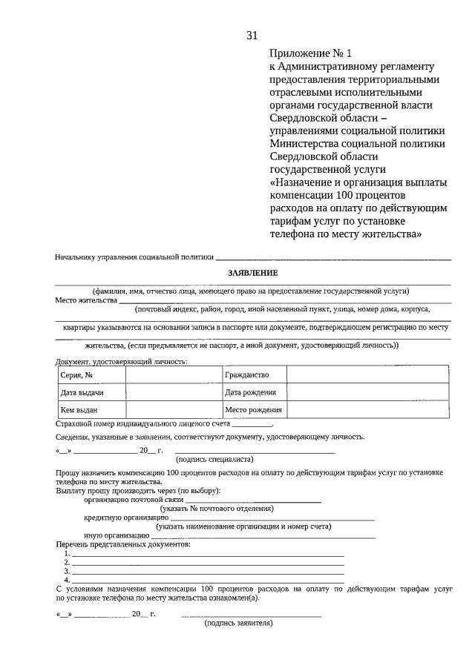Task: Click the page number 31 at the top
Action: pyautogui.click(x=252, y=35)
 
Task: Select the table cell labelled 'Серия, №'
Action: pyautogui.click(x=91, y=375)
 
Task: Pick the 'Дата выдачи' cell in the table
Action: pyautogui.click(x=91, y=392)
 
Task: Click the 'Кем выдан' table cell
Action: pyautogui.click(x=91, y=409)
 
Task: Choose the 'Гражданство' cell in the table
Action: pyautogui.click(x=254, y=375)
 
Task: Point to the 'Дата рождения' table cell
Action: pyautogui.click(x=254, y=392)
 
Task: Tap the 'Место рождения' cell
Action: pyautogui.click(x=254, y=409)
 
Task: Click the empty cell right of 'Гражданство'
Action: pyautogui.click(x=367, y=375)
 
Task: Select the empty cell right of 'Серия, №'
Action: pyautogui.click(x=173, y=375)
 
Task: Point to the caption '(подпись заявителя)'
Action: pyautogui.click(x=239, y=624)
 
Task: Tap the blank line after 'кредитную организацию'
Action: pyautogui.click(x=272, y=519)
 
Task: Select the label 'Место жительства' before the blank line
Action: pyautogui.click(x=86, y=300)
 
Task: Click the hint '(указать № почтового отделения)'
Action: pyautogui.click(x=217, y=509)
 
